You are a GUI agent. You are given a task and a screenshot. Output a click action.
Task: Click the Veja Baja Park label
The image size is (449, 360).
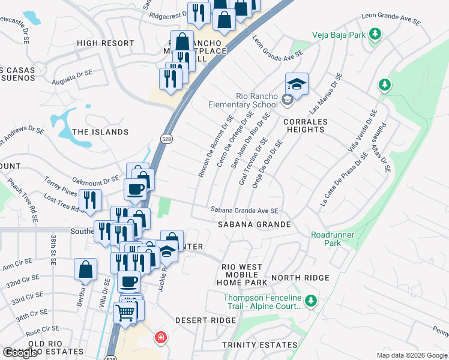tap(339, 35)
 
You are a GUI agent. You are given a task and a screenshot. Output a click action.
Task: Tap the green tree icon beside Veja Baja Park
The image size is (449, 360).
tap(375, 34)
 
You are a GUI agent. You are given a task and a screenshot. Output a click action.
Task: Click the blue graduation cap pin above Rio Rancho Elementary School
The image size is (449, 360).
tap(296, 83)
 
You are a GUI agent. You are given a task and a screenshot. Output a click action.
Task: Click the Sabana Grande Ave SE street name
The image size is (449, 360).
tap(244, 211)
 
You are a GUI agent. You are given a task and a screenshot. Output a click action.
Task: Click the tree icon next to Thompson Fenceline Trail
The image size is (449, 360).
tap(310, 299)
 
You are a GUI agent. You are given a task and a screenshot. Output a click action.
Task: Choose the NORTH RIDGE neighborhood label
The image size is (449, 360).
tap(300, 278)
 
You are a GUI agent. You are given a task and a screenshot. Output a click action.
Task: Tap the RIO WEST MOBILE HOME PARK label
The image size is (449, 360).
tap(244, 274)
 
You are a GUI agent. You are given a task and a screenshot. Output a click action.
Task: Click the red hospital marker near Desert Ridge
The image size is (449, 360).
tap(159, 338)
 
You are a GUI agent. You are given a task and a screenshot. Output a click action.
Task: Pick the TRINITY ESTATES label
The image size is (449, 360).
tap(259, 345)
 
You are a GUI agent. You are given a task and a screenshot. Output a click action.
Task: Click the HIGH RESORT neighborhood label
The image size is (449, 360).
tap(106, 43)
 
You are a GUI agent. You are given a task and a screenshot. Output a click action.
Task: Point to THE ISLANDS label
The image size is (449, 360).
tap(100, 132)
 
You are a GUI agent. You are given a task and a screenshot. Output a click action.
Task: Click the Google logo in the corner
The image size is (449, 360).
tap(20, 353)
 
